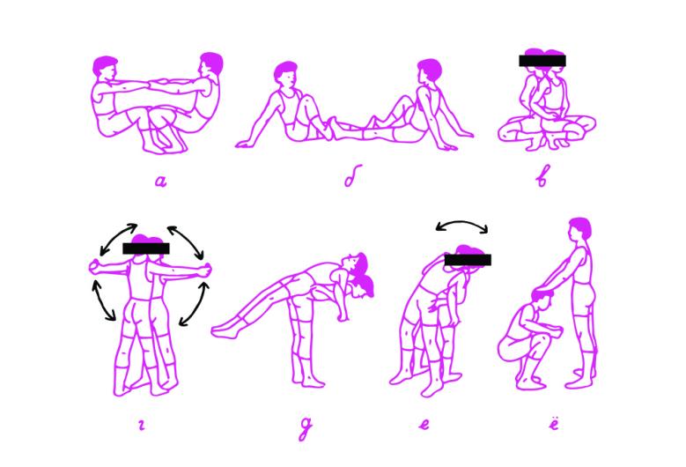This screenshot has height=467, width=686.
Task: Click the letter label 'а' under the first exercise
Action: (x=161, y=181)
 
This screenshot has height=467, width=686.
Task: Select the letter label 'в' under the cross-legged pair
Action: (x=542, y=176)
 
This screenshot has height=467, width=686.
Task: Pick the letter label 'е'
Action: (x=424, y=424)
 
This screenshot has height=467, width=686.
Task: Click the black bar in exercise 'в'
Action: (x=542, y=61)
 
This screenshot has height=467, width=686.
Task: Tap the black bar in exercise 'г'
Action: (x=145, y=248)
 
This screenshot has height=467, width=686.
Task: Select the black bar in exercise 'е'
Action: (x=468, y=260)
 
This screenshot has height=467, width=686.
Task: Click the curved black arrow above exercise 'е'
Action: (x=462, y=222)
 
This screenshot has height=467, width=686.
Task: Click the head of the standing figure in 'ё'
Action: (x=579, y=228)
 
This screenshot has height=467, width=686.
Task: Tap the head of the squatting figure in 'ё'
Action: (x=543, y=297)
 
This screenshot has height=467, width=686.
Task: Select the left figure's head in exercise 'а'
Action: (x=106, y=67)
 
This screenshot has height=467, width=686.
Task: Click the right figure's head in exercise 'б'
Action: (x=429, y=70)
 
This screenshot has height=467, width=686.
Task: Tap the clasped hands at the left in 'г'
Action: (x=94, y=267)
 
